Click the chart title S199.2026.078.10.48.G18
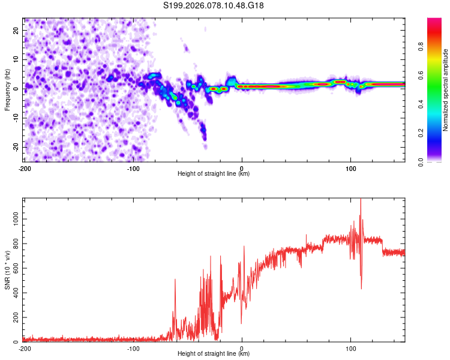[214, 6]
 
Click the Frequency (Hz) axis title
[7, 89]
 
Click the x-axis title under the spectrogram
[214, 173]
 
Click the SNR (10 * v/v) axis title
[7, 269]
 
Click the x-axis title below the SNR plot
[214, 355]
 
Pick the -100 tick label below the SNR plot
[133, 348]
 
